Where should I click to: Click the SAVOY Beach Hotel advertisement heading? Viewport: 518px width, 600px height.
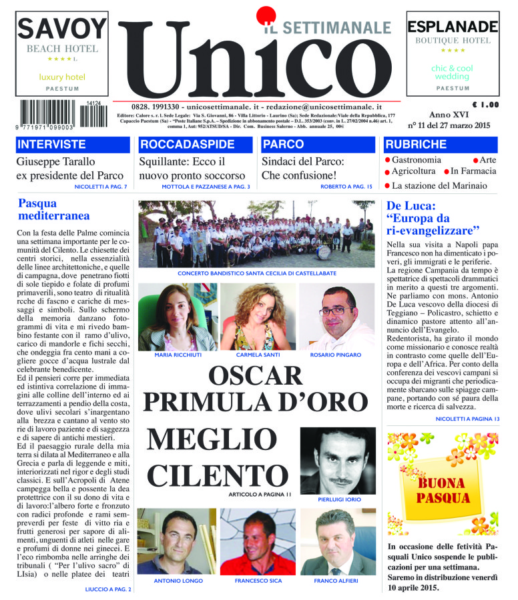pyautogui.click(x=61, y=29)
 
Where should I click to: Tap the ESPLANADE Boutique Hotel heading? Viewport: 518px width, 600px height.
pyautogui.click(x=452, y=27)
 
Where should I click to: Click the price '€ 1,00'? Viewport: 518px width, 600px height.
pyautogui.click(x=484, y=105)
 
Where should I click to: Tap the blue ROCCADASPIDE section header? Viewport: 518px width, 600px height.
pyautogui.click(x=194, y=144)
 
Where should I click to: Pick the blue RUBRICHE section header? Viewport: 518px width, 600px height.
pyautogui.click(x=441, y=144)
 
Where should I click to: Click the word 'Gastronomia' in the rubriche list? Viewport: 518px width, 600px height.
pyautogui.click(x=416, y=160)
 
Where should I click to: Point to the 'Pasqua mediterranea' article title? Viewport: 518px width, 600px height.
pyautogui.click(x=47, y=209)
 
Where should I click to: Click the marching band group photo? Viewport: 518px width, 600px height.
pyautogui.click(x=256, y=233)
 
